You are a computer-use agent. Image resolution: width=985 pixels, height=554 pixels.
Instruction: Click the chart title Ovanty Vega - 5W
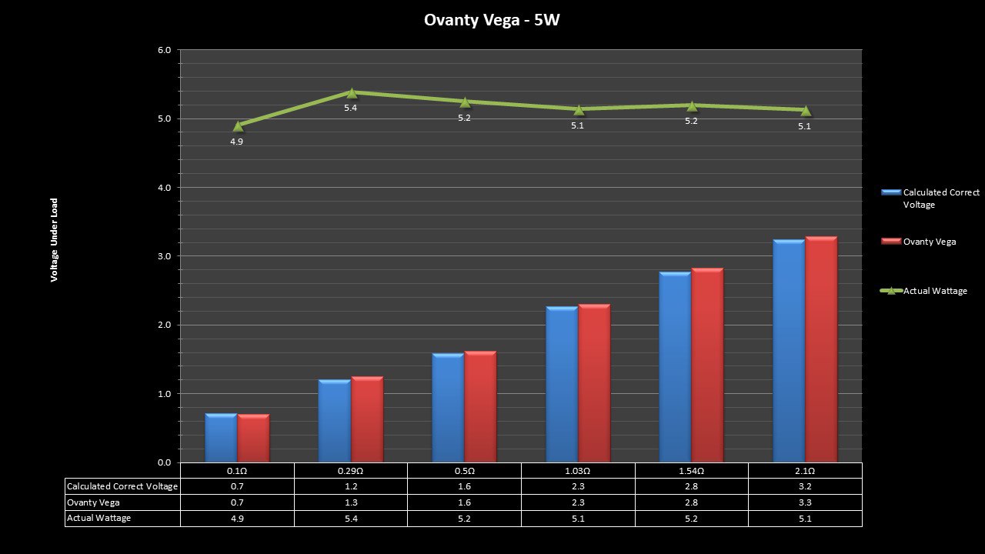pyautogui.click(x=492, y=20)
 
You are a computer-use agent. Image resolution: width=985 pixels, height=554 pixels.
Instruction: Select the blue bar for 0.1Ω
pyautogui.click(x=221, y=438)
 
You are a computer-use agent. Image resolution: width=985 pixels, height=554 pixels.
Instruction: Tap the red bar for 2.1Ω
pyautogui.click(x=821, y=349)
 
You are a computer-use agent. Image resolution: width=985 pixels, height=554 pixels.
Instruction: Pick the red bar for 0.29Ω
pyautogui.click(x=367, y=419)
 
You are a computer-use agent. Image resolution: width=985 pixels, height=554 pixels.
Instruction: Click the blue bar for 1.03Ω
pyautogui.click(x=562, y=384)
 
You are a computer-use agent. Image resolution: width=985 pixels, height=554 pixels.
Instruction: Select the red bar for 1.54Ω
pyautogui.click(x=707, y=365)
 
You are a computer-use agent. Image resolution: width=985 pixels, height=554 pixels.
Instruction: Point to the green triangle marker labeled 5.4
pyautogui.click(x=352, y=92)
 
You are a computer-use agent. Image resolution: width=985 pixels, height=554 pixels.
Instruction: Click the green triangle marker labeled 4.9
pyautogui.click(x=238, y=125)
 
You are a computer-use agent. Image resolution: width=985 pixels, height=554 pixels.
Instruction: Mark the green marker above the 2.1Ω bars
pyautogui.click(x=806, y=110)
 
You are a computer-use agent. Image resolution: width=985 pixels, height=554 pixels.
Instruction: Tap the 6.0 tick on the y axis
pyautogui.click(x=164, y=51)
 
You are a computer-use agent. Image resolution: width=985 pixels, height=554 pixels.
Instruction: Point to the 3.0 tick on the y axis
pyautogui.click(x=164, y=256)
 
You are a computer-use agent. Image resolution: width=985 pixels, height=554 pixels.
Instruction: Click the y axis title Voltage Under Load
pyautogui.click(x=55, y=240)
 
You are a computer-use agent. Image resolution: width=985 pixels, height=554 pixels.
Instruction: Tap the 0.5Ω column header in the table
pyautogui.click(x=464, y=471)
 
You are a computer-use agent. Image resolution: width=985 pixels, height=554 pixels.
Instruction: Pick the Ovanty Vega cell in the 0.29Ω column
pyautogui.click(x=351, y=502)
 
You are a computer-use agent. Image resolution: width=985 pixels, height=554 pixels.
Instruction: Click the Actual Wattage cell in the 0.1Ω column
pyautogui.click(x=237, y=519)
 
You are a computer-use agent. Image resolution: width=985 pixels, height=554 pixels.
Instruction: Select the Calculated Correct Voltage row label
pyautogui.click(x=122, y=486)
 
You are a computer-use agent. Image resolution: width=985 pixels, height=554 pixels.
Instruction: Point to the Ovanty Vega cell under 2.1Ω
pyautogui.click(x=805, y=502)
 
